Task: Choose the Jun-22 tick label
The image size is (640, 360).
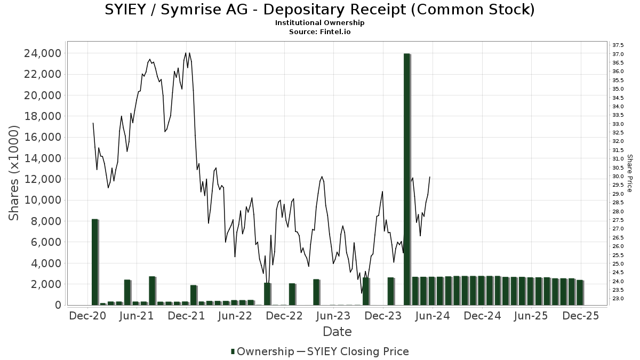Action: pos(235,316)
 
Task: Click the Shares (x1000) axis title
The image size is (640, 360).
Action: pos(14,173)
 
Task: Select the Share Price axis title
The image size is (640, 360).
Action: pos(630,173)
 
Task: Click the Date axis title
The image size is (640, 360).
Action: pos(337,332)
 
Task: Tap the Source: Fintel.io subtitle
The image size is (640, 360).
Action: pos(319,31)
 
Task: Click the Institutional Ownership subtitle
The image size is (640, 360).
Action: pos(319,23)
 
